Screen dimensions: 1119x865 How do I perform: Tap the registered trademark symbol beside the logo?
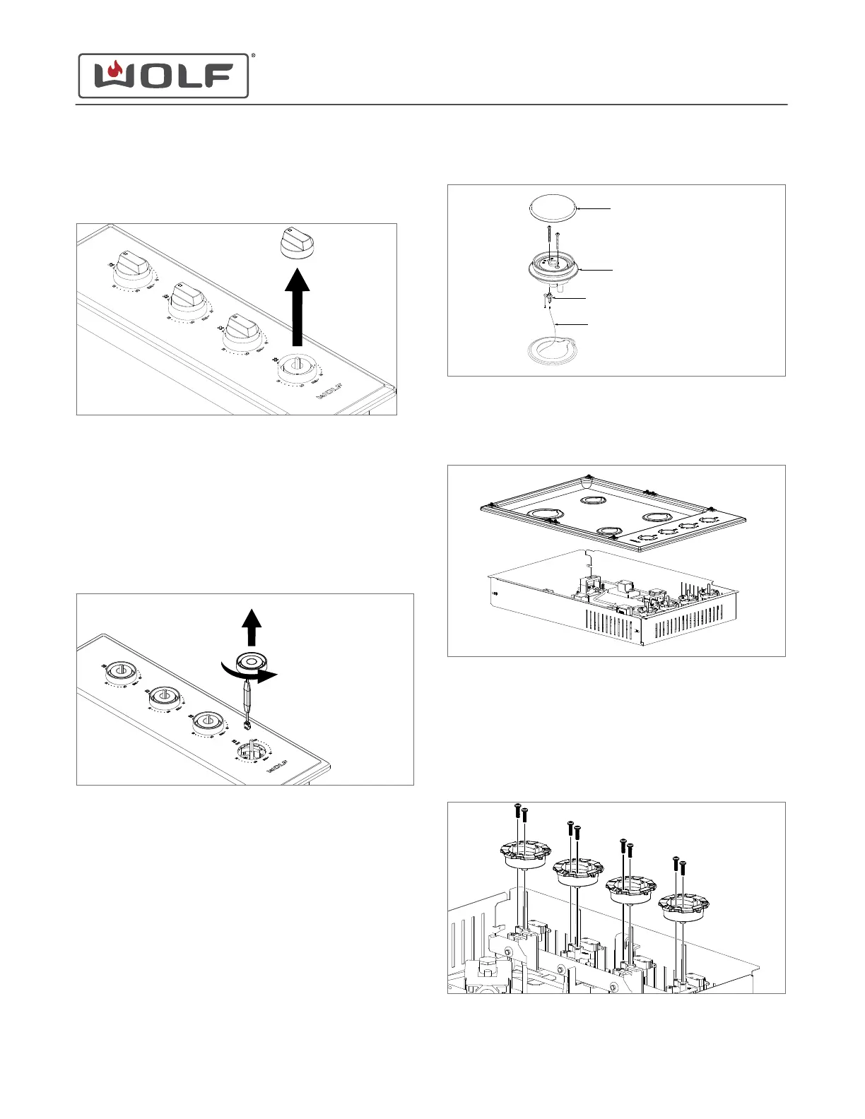coord(253,55)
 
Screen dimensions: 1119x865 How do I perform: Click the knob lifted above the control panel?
coord(297,244)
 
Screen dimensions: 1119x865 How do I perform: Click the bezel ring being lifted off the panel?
coord(251,661)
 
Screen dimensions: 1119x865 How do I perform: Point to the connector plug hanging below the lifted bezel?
coord(247,724)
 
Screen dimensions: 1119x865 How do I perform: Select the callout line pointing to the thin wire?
coord(572,324)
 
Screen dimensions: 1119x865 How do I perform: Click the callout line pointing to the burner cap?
coord(594,209)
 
